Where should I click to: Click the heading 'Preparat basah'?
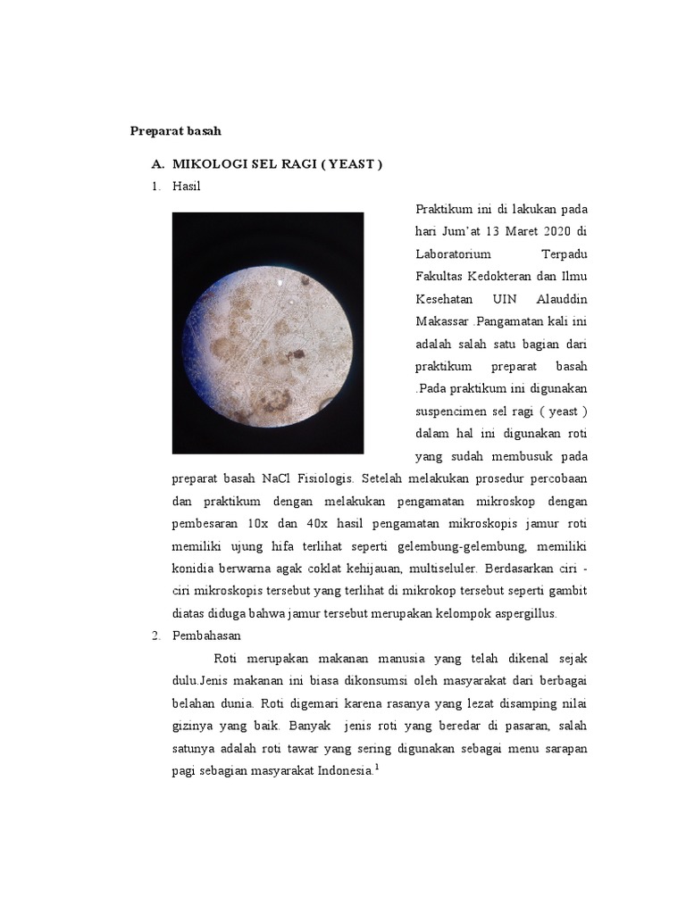click(175, 131)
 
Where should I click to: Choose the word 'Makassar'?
click(442, 320)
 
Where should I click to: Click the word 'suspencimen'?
click(455, 411)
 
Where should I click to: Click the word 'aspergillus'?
click(523, 613)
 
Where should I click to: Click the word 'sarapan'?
click(565, 747)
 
